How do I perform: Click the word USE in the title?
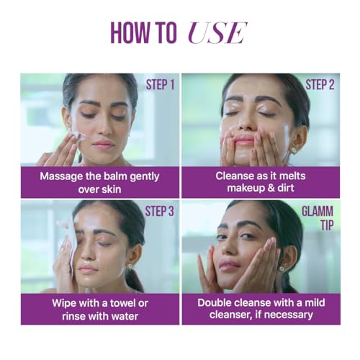pyautogui.click(x=217, y=33)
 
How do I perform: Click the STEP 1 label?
pyautogui.click(x=160, y=85)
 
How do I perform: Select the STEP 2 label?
pyautogui.click(x=320, y=85)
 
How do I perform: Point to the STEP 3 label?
pyautogui.click(x=159, y=211)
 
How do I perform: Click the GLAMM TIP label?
pyautogui.click(x=318, y=218)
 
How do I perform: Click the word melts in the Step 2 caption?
pyautogui.click(x=292, y=176)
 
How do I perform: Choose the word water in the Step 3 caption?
pyautogui.click(x=125, y=316)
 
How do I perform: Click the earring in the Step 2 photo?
pyautogui.click(x=294, y=151)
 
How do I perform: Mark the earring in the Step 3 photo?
pyautogui.click(x=130, y=266)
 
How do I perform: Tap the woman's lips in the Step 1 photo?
pyautogui.click(x=104, y=144)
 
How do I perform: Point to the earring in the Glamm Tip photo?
pyautogui.click(x=282, y=269)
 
